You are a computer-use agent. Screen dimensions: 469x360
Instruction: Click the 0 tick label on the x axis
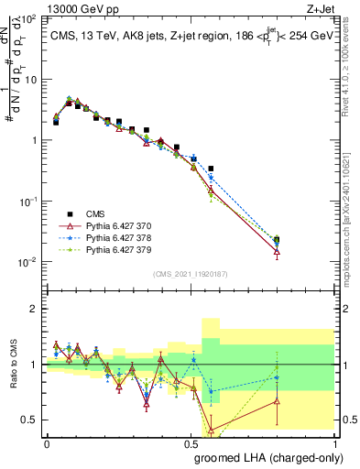46,443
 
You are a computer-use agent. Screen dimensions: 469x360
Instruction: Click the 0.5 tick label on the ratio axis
30,420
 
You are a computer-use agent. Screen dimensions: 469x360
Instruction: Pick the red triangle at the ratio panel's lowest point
212,429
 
